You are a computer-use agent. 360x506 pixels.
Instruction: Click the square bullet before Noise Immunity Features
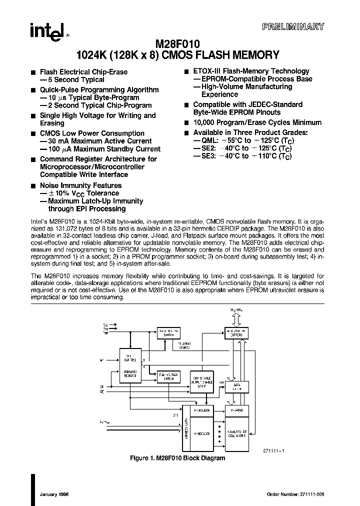33,186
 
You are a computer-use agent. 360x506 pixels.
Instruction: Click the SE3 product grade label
204,156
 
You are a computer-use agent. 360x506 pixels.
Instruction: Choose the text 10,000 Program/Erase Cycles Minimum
257,122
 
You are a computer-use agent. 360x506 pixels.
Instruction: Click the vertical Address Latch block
186,433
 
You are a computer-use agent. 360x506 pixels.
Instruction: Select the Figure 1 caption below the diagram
177,458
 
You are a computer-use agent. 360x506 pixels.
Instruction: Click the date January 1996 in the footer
54,494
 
